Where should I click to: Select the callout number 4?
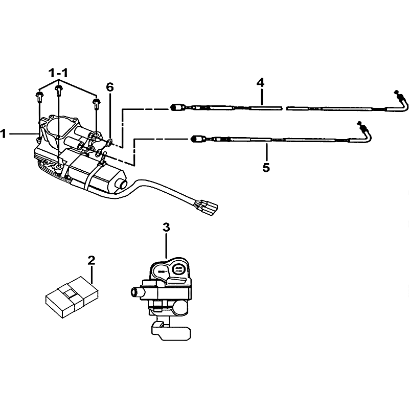coord(261,82)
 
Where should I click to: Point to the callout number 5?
coord(266,167)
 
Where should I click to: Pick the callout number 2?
coord(91,261)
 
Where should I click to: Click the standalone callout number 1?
coord(4,134)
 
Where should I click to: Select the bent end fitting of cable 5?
coord(365,130)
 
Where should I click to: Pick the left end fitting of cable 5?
coord(198,138)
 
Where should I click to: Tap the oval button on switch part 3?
coord(179,268)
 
